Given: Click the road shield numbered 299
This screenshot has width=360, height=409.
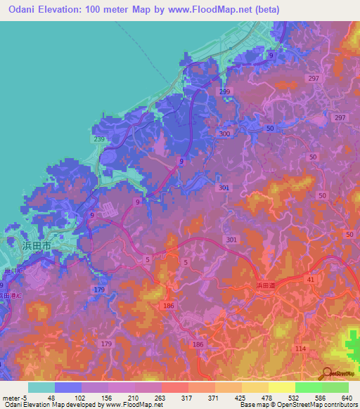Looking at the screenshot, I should (x=224, y=92).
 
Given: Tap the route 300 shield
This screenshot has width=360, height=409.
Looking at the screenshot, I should (x=225, y=134).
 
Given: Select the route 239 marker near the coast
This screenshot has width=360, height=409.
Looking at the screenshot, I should (x=99, y=140).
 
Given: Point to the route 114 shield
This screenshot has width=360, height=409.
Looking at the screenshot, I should (x=301, y=349).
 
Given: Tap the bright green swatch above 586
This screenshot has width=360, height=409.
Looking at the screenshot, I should (x=309, y=387).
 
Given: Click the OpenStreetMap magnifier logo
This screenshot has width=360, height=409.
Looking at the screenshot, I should (x=327, y=373).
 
